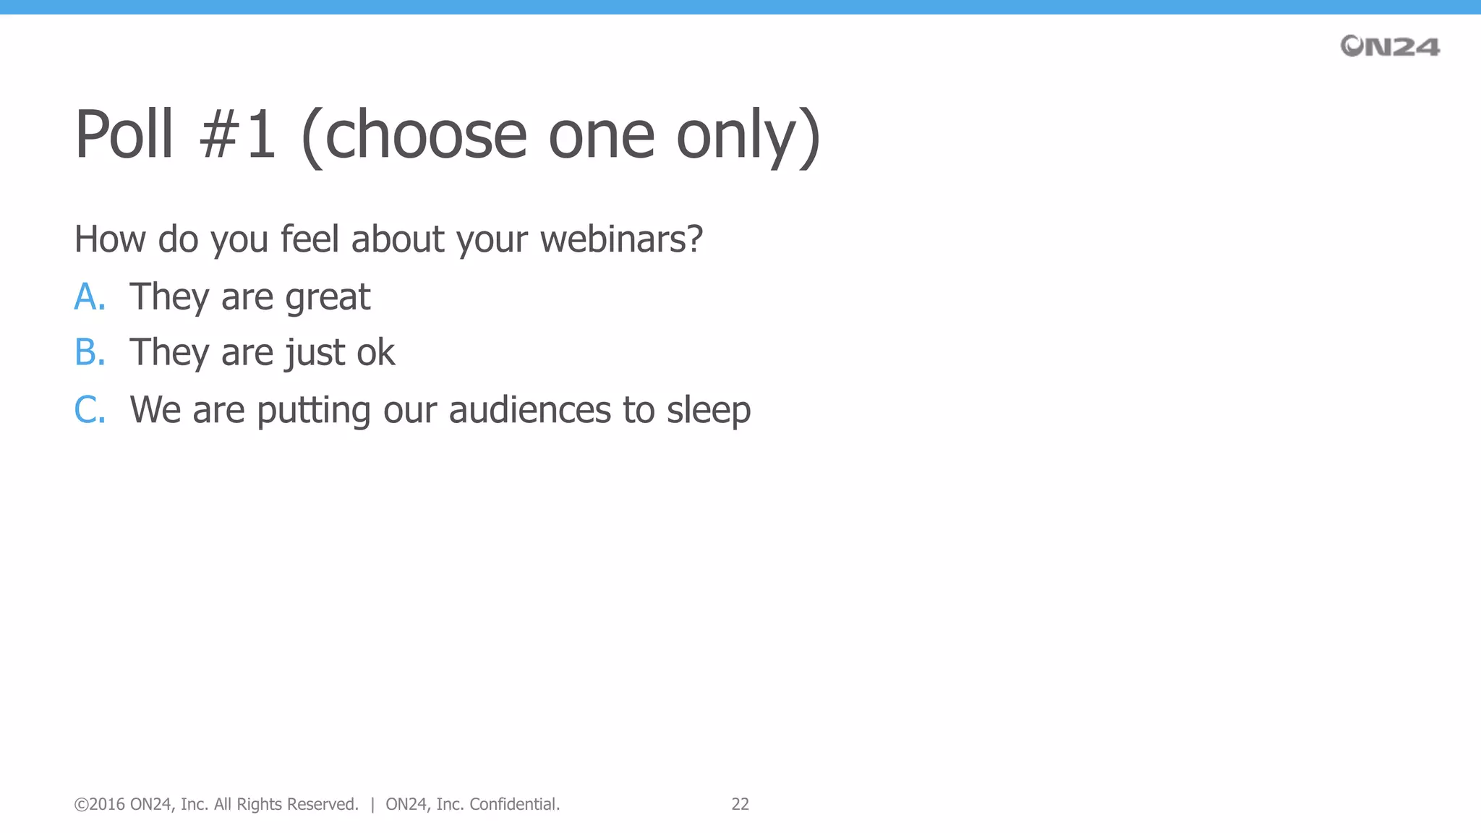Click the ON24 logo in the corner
tap(1390, 46)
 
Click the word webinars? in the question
tap(621, 239)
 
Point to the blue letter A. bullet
tap(90, 296)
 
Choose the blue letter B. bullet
tap(90, 352)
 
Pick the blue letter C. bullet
tap(90, 410)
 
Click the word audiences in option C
tap(530, 409)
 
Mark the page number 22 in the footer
tap(740, 804)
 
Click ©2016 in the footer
tap(99, 804)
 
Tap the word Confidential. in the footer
tap(514, 804)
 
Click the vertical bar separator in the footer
tap(372, 804)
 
